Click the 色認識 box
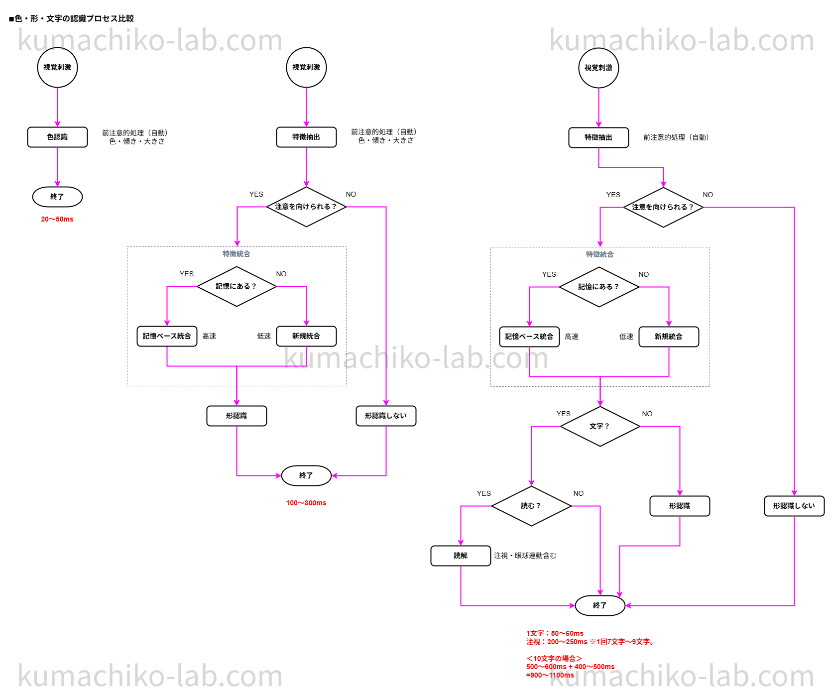[57, 137]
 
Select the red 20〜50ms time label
[57, 219]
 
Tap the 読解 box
[461, 556]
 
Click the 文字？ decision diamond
[599, 426]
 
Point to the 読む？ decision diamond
[531, 506]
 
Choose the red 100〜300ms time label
[306, 503]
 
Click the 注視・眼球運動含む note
[525, 556]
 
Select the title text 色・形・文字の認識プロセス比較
[72, 18]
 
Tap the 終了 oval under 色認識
[57, 197]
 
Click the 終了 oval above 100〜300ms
[306, 475]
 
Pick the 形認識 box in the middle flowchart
[237, 416]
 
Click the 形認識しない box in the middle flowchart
[386, 416]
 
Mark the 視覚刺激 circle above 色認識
[57, 67]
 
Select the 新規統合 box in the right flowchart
[669, 337]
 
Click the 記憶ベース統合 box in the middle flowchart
[167, 336]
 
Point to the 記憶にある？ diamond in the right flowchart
[599, 287]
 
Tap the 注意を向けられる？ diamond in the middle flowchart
[306, 207]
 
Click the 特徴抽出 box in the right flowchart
[598, 137]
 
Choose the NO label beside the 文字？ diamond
[647, 414]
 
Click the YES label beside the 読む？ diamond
[483, 493]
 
